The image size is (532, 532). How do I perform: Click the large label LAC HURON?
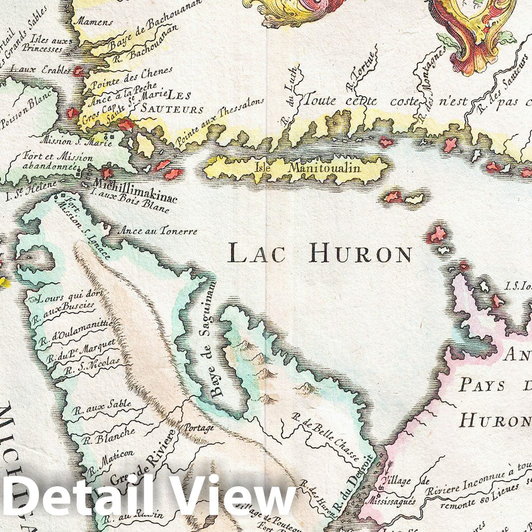pos(320,253)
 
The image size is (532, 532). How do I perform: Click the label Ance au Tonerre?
pos(158,231)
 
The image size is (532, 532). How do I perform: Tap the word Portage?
pos(199,428)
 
